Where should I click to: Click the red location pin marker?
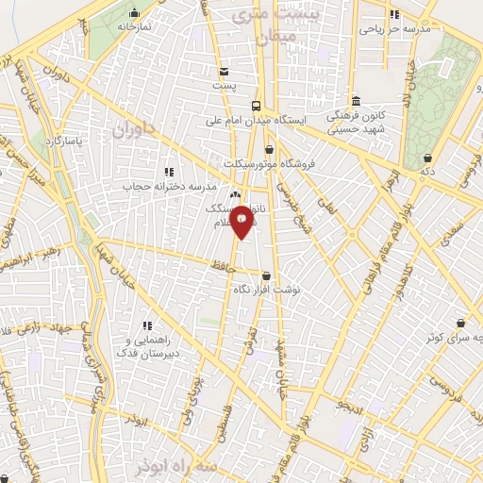(x=241, y=220)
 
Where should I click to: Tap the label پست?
(x=224, y=86)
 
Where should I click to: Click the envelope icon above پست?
(x=224, y=72)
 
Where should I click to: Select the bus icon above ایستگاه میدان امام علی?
(x=256, y=106)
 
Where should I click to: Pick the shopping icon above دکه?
(x=429, y=158)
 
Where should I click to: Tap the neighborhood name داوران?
(x=133, y=129)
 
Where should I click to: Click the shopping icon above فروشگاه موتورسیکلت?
(x=269, y=148)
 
